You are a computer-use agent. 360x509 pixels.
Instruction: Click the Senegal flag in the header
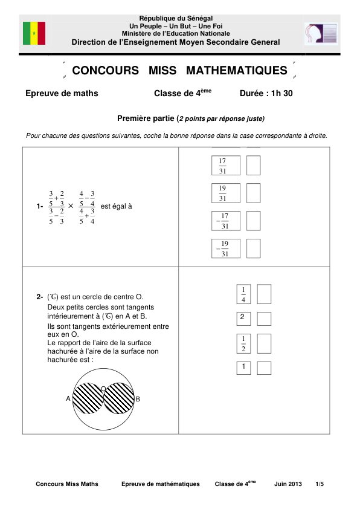point(34,33)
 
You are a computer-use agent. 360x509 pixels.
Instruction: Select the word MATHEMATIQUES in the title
point(237,71)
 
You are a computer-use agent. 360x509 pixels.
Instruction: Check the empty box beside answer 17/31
point(254,165)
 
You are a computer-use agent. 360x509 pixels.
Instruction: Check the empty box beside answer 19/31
point(254,193)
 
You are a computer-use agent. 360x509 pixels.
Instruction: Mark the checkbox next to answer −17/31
point(254,221)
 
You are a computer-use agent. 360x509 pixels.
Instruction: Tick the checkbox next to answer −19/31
point(254,248)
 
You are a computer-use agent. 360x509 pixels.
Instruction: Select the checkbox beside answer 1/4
point(264,294)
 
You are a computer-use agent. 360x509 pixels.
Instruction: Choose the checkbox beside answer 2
point(264,317)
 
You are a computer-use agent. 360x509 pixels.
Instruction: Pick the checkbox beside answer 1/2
point(264,343)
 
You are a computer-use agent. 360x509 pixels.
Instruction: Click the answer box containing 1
point(243,368)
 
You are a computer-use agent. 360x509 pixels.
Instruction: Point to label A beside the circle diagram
point(68,399)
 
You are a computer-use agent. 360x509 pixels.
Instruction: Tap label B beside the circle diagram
point(138,399)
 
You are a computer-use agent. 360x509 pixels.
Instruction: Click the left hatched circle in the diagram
point(88,399)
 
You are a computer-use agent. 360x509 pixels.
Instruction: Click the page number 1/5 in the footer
point(319,484)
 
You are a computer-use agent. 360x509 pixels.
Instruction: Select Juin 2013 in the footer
point(288,484)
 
